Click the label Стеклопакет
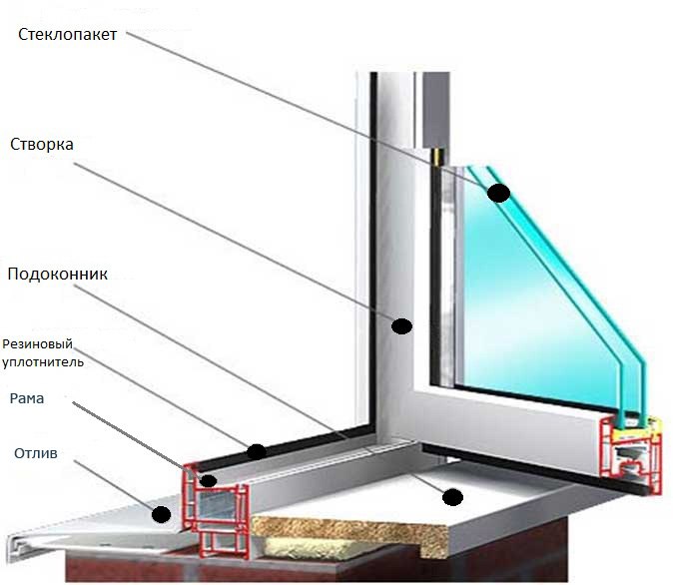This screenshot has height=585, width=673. point(67,34)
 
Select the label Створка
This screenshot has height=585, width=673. point(42,144)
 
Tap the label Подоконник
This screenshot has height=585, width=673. point(58,274)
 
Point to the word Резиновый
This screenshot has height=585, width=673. point(37,344)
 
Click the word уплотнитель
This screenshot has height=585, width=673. point(43,361)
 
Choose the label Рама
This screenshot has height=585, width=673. point(27,398)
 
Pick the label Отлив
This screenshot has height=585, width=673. point(36,453)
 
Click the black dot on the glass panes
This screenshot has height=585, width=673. point(498,193)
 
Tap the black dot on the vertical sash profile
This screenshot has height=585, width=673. point(401,326)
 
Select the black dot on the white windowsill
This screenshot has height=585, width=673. point(452,497)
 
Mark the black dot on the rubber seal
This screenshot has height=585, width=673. point(257,451)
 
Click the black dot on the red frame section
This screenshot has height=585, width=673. point(209,481)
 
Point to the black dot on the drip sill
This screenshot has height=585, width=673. point(161,514)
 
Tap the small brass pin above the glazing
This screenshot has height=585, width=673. point(437,157)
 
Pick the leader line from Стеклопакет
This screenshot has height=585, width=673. point(308,110)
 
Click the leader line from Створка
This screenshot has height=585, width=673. point(233,242)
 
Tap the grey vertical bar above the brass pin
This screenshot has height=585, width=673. point(436,110)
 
